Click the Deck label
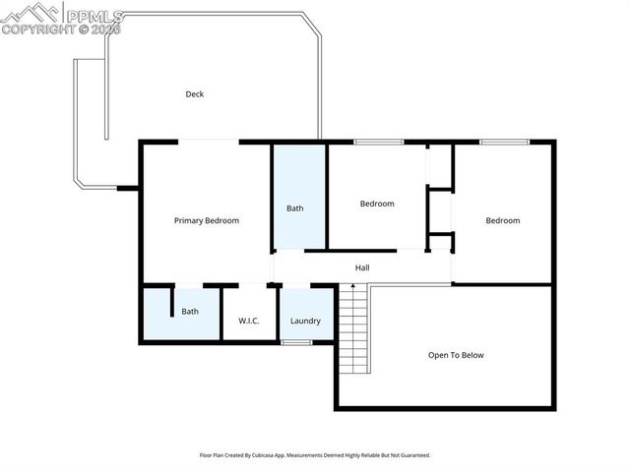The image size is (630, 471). (x=195, y=94)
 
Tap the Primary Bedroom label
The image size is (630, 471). (x=207, y=220)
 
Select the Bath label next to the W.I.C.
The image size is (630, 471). (x=190, y=312)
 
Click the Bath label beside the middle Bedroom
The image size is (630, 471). (x=295, y=208)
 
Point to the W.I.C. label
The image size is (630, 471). (x=248, y=321)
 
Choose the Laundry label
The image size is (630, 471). (x=306, y=321)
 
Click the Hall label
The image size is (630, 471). (x=362, y=266)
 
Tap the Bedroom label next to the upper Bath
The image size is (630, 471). (x=377, y=204)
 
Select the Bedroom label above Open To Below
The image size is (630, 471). (x=502, y=220)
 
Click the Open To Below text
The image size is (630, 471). (x=456, y=355)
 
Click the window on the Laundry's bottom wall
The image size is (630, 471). (x=296, y=342)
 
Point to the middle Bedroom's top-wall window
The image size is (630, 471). (x=378, y=143)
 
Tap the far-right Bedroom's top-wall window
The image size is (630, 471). (x=504, y=143)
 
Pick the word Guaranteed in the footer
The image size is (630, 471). (x=411, y=455)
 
